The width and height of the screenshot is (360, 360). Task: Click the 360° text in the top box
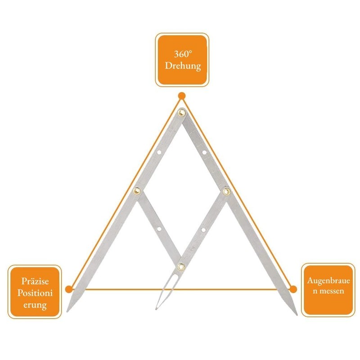click(183, 54)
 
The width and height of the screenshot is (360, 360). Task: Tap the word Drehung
click(183, 66)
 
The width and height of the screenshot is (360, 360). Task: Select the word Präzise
click(35, 281)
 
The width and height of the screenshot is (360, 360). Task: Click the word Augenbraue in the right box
click(328, 281)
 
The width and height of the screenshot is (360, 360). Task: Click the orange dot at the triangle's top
click(182, 96)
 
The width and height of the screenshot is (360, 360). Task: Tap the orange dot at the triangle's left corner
click(69, 289)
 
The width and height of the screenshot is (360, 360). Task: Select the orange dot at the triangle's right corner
click(293, 289)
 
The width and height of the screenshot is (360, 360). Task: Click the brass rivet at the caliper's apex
click(182, 113)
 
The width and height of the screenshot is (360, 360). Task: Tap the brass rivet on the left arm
click(137, 190)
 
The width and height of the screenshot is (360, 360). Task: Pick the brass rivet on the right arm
click(227, 191)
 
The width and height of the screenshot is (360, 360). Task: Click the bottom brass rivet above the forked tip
click(181, 267)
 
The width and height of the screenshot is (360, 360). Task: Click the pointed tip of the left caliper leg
click(67, 311)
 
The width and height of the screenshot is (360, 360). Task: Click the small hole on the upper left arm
click(159, 152)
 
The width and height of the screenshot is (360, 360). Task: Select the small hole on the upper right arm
click(204, 152)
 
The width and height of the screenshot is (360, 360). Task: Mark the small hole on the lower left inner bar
click(159, 229)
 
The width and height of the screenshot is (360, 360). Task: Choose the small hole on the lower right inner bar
click(203, 229)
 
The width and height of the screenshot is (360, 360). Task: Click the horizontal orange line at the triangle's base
click(181, 289)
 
